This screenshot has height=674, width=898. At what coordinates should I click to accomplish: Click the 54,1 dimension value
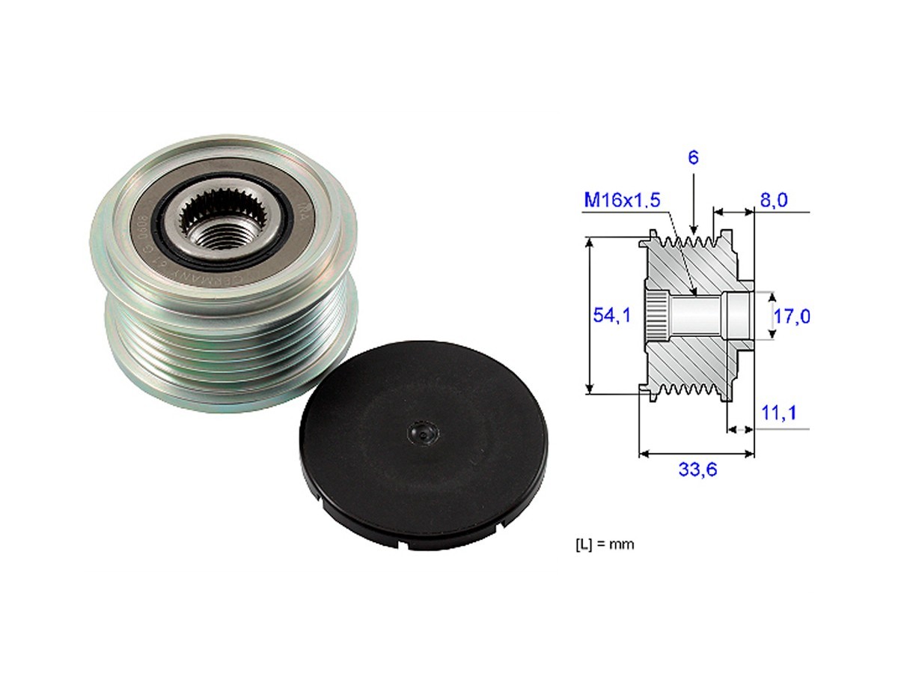tap(612, 315)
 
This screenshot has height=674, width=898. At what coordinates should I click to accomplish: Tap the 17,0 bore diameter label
tap(792, 317)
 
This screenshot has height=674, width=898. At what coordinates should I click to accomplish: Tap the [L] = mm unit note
tap(599, 544)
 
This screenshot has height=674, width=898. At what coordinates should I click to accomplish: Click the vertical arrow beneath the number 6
tap(694, 202)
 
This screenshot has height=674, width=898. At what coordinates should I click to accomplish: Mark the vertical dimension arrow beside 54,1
tap(591, 315)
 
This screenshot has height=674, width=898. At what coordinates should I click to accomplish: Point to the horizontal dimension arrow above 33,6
tap(696, 453)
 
